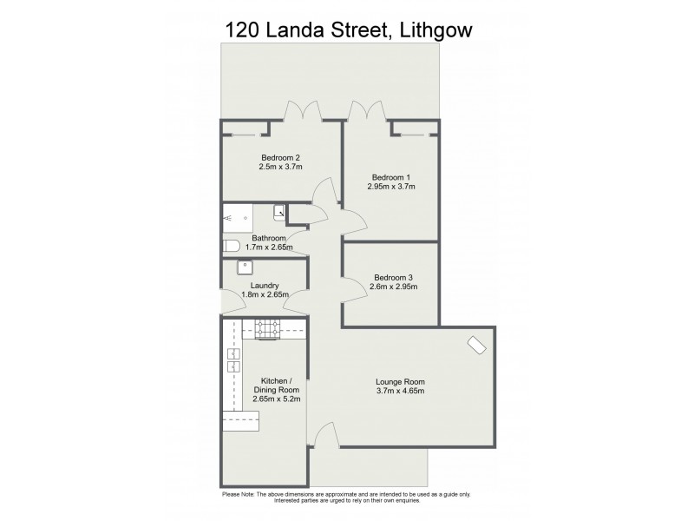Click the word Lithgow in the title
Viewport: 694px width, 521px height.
pyautogui.click(x=434, y=31)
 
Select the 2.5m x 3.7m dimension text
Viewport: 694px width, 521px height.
pyautogui.click(x=280, y=168)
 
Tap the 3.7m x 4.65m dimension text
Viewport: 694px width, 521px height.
pyautogui.click(x=400, y=392)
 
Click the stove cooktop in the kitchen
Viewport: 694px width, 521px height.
pyautogui.click(x=266, y=328)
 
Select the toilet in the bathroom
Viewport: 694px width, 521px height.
pyautogui.click(x=232, y=247)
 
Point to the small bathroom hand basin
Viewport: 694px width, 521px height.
pyautogui.click(x=279, y=211)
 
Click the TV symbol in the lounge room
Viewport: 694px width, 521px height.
pyautogui.click(x=476, y=345)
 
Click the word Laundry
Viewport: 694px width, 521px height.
pyautogui.click(x=264, y=286)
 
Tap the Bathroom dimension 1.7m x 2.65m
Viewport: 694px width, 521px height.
pyautogui.click(x=269, y=247)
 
